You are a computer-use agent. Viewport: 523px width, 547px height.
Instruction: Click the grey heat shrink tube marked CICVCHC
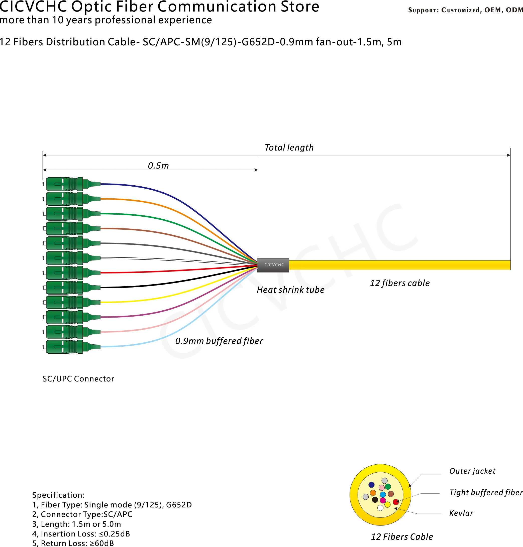(x=273, y=265)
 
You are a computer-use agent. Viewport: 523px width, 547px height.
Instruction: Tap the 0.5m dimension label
(x=158, y=166)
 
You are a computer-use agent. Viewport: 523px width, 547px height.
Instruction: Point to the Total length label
(x=289, y=148)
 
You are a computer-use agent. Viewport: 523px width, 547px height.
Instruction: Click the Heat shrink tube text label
(x=290, y=290)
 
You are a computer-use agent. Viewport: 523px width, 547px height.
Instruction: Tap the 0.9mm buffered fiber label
(x=219, y=341)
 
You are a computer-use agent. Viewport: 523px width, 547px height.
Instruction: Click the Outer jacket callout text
(x=472, y=471)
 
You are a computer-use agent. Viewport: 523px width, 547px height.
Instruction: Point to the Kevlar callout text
(x=461, y=513)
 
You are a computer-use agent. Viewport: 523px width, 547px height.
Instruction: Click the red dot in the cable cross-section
(x=396, y=502)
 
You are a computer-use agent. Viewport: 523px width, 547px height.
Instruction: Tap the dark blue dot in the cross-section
(x=371, y=485)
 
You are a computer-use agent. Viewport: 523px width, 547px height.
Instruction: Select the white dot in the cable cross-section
(x=380, y=508)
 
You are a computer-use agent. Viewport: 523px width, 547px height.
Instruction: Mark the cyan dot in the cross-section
(x=383, y=494)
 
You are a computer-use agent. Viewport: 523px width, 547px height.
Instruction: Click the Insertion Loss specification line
(x=81, y=534)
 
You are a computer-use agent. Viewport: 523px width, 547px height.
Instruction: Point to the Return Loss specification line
(x=73, y=543)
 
